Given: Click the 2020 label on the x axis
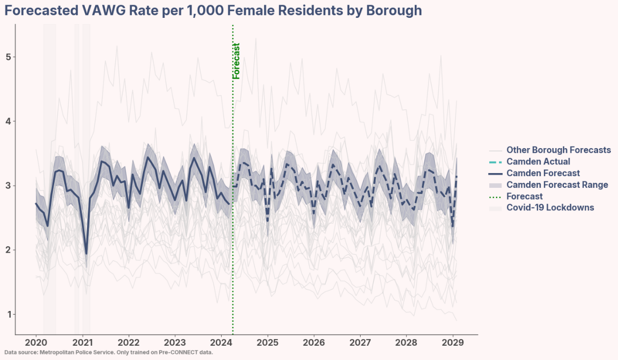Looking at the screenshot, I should tap(36, 342).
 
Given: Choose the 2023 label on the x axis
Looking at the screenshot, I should tap(175, 342).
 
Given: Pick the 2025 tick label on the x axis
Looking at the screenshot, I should tap(268, 342).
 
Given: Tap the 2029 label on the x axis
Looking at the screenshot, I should tap(453, 342).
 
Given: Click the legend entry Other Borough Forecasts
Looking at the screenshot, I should tap(558, 150).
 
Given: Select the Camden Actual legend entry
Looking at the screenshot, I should tap(538, 162).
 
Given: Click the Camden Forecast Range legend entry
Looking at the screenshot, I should tap(557, 185).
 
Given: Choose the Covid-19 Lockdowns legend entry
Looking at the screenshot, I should tap(550, 208).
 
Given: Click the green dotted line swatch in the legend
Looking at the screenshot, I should tap(495, 197).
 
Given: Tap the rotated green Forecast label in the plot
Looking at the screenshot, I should tap(236, 61).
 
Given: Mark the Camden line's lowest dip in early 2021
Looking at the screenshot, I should tap(86, 253).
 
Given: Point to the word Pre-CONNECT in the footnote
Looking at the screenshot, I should tap(183, 352).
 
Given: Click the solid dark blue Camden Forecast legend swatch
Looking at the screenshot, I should tap(495, 174).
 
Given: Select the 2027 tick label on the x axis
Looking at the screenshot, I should tap(360, 342).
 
